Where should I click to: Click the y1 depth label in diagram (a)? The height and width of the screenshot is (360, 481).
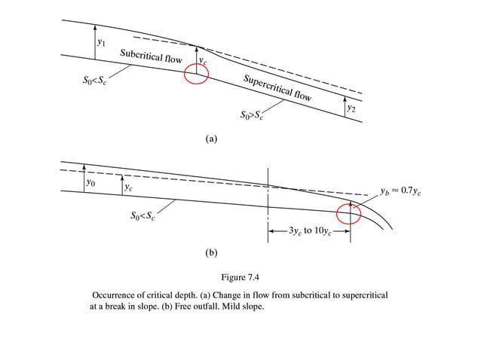click(x=102, y=42)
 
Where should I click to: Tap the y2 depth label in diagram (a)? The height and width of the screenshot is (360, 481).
click(x=351, y=109)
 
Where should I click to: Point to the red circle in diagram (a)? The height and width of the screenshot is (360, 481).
click(x=196, y=75)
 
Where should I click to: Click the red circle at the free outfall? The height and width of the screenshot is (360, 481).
click(x=349, y=214)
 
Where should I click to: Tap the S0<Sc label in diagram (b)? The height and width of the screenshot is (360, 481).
click(x=142, y=216)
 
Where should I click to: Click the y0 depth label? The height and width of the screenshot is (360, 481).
click(x=90, y=182)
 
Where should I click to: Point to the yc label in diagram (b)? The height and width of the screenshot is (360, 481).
click(x=129, y=187)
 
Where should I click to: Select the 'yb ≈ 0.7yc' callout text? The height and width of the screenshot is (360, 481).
click(x=400, y=191)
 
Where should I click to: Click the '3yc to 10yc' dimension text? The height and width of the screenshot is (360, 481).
click(x=308, y=231)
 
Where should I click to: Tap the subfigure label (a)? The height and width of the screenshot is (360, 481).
click(x=211, y=139)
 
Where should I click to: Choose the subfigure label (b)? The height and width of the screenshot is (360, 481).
click(x=211, y=253)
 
